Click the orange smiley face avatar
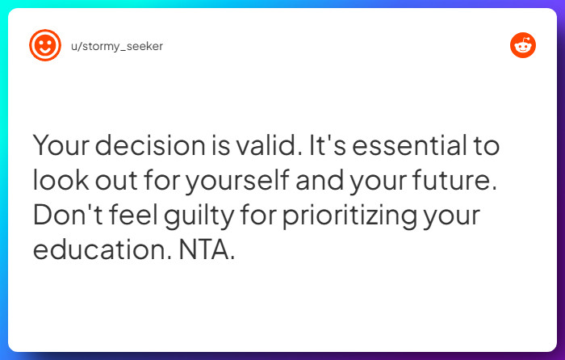[x=45, y=45]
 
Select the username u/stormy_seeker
[x=117, y=46]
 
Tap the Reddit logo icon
[x=522, y=45]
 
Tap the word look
[x=60, y=182]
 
